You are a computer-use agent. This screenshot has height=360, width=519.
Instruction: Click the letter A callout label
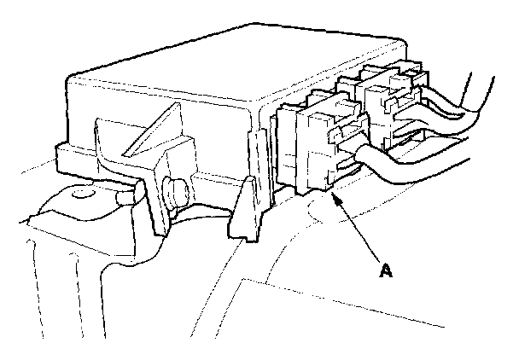(386, 271)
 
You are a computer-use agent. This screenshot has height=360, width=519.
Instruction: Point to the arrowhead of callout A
(335, 197)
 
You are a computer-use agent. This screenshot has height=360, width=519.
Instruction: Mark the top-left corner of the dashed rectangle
(244, 280)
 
